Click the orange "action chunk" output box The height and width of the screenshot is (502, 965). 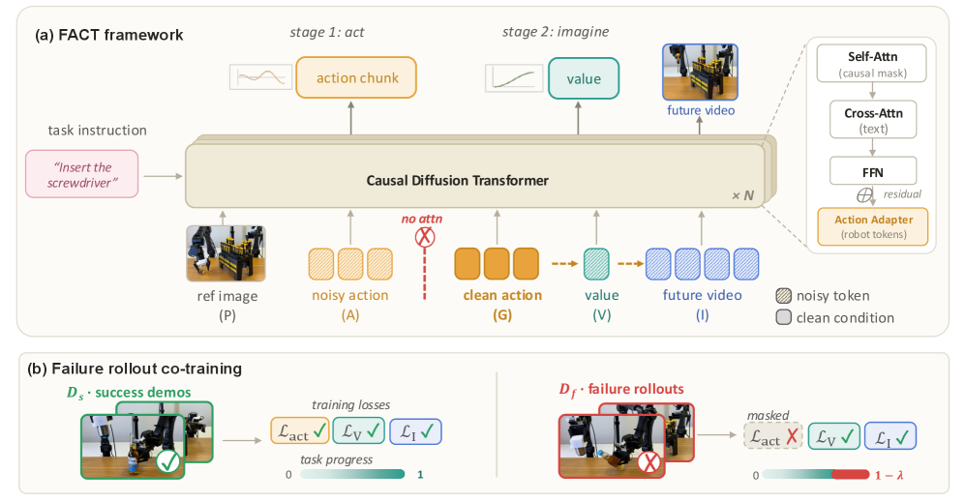(356, 77)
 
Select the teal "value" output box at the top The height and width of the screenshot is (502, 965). (584, 78)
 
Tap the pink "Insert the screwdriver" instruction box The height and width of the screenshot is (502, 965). (82, 174)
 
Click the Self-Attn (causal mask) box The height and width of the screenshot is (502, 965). (871, 64)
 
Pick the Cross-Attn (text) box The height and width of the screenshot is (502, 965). (873, 120)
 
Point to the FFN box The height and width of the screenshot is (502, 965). (873, 171)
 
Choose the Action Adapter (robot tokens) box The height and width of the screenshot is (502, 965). (873, 227)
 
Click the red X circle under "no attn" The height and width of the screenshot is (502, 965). (425, 237)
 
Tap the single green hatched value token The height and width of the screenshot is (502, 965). (596, 264)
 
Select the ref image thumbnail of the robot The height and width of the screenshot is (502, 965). (226, 253)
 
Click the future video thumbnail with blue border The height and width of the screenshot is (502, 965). (700, 72)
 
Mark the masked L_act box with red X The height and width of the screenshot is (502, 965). (773, 437)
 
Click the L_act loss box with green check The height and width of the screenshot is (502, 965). (300, 431)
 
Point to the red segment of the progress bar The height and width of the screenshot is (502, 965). (850, 475)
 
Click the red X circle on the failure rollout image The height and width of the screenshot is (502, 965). (648, 461)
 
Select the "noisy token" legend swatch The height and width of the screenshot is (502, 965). (783, 296)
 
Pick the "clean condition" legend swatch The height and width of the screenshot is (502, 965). (783, 317)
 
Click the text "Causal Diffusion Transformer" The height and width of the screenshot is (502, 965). (457, 180)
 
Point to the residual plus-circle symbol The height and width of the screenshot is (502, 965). (864, 195)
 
